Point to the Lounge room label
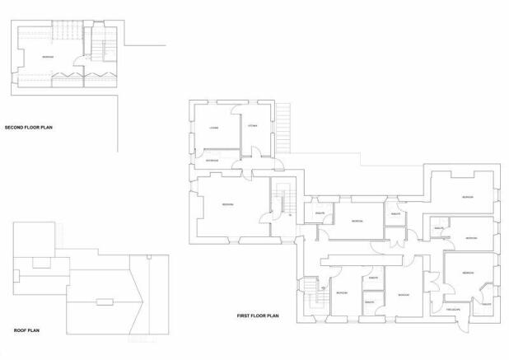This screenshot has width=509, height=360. (212, 127)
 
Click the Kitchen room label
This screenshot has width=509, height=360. (254, 125)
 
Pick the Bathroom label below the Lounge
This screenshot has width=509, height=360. (212, 158)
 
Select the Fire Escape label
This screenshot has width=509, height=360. (453, 310)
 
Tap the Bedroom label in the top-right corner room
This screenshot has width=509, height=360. (467, 198)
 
